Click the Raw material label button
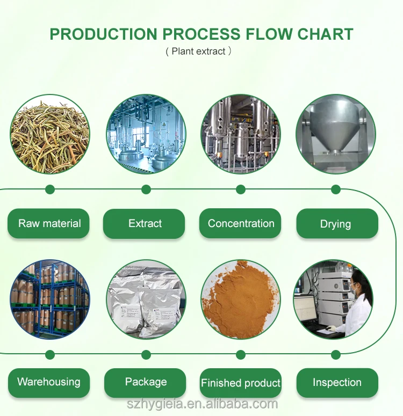tap(49, 223)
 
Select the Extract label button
tap(145, 223)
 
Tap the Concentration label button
tap(241, 223)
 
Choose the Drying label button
tap(336, 223)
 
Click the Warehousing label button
tap(49, 382)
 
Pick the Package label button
tap(146, 382)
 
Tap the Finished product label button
tap(241, 383)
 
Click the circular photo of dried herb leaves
tap(49, 134)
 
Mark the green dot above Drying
tap(336, 189)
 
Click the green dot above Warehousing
tap(50, 354)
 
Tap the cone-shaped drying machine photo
tap(336, 134)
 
